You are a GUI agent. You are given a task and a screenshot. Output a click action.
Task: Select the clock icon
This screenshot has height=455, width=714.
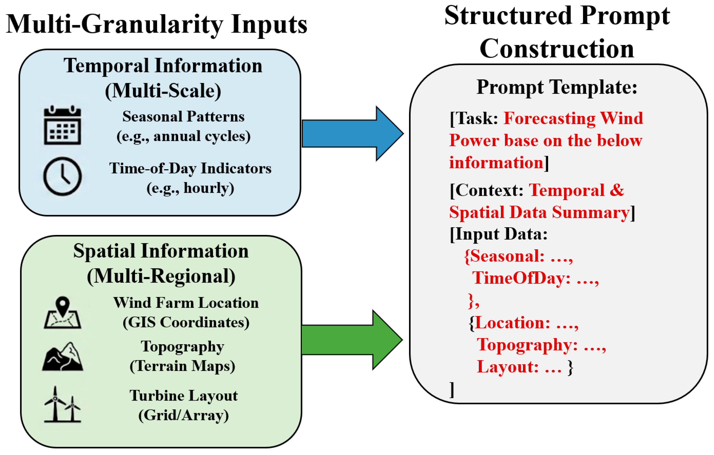(62, 176)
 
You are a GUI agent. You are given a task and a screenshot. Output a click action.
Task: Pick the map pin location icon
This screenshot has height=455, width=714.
(63, 312)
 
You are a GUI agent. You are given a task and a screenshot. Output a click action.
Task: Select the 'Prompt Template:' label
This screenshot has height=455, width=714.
(556, 87)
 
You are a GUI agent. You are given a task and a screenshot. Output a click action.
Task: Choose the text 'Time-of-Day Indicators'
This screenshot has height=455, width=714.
(190, 168)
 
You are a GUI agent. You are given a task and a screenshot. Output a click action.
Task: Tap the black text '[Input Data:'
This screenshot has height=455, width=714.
(498, 234)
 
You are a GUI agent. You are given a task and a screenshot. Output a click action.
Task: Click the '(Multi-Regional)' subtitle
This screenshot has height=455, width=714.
(161, 276)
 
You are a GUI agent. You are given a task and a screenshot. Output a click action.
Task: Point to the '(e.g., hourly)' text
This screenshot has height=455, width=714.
(190, 188)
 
